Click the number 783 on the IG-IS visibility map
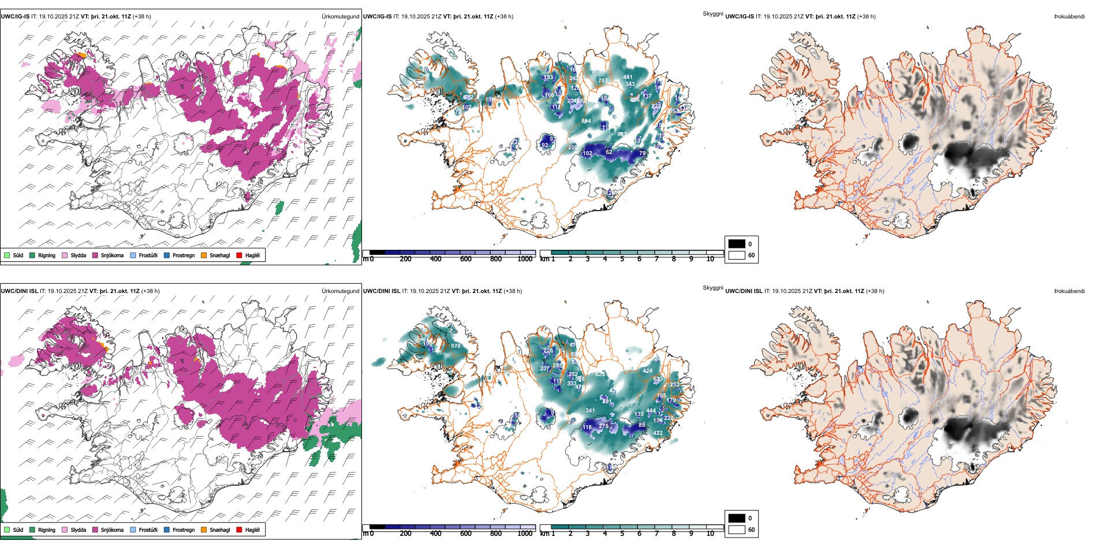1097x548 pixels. click(603, 81)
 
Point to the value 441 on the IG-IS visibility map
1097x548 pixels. click(628, 77)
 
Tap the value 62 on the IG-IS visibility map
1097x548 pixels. click(609, 152)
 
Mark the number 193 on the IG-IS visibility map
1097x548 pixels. click(548, 77)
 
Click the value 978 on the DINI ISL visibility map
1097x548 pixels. click(456, 346)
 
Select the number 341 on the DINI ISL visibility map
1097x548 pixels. click(590, 411)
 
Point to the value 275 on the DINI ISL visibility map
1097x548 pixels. click(604, 426)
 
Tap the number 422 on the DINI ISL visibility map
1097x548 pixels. click(658, 433)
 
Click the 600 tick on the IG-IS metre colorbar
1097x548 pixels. click(466, 259)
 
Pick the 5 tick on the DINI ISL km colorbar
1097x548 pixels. click(622, 534)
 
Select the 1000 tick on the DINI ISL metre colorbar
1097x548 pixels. click(525, 534)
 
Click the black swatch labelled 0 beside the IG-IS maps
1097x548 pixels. click(737, 244)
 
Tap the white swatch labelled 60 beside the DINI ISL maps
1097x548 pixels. click(737, 530)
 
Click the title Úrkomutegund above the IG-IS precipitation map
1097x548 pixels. click(340, 17)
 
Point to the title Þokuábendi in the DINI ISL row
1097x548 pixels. click(1069, 291)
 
